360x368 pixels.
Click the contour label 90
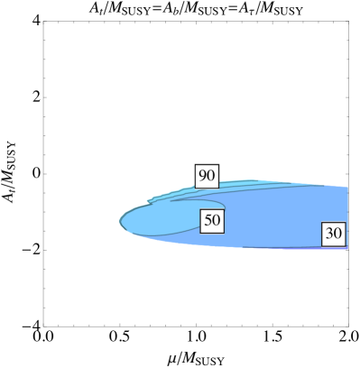207,175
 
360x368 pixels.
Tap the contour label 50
212,220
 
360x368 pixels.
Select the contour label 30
334,233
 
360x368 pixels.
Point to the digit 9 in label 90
202,175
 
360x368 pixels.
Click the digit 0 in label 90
211,175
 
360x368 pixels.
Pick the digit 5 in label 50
208,220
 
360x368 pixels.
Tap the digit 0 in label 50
217,220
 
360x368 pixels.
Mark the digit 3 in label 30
329,233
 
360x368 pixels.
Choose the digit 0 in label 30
338,233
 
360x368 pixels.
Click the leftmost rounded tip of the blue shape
120,219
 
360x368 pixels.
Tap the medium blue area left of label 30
271,225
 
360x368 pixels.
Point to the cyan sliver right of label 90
244,184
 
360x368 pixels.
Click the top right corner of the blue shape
347,187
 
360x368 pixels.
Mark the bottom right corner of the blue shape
347,248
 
